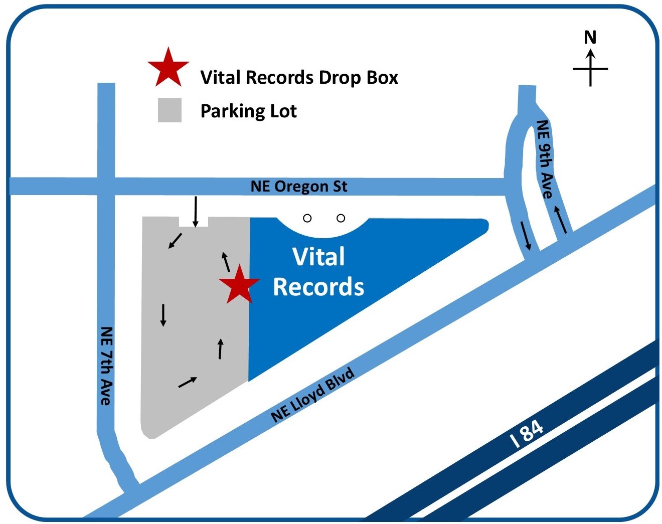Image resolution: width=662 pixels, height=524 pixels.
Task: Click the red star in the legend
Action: pos(168,68)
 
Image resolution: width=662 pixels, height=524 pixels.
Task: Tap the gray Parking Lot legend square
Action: pos(170,110)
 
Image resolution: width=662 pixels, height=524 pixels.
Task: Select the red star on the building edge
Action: pos(239,285)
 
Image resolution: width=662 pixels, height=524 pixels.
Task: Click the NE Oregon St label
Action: pos(298,187)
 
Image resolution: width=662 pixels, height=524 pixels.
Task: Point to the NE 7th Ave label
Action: pos(106,366)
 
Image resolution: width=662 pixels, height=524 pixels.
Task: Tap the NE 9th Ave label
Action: pos(545,159)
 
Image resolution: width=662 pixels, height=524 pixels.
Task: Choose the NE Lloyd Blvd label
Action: pos(312,395)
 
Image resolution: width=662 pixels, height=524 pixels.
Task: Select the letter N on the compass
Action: pos(590,38)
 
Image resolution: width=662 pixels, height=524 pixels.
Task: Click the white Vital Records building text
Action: pos(318,272)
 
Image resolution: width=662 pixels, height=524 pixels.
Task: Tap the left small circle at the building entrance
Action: pos(307,218)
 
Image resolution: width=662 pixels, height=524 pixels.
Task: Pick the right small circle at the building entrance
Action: pos(341,218)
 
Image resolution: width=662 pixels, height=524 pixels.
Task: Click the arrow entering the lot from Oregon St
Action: pos(196,211)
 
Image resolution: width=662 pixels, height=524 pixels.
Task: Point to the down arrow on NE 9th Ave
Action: pos(525,236)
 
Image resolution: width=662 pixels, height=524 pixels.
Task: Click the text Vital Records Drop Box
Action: pos(299,78)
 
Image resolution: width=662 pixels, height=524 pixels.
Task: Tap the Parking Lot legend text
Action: pos(248,111)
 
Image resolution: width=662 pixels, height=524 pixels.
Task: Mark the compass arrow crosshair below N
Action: pos(590,68)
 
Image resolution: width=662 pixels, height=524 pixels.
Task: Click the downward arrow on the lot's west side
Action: pos(162,314)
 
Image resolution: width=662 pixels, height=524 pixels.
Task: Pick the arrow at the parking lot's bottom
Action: pos(188,382)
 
